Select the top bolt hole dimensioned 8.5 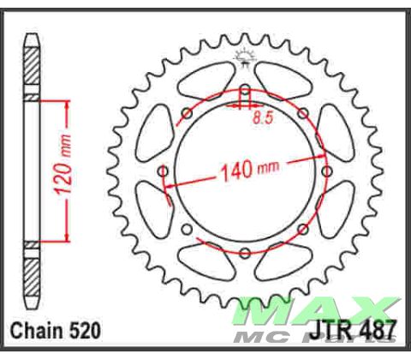click(x=245, y=93)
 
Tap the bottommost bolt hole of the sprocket click(x=245, y=253)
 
